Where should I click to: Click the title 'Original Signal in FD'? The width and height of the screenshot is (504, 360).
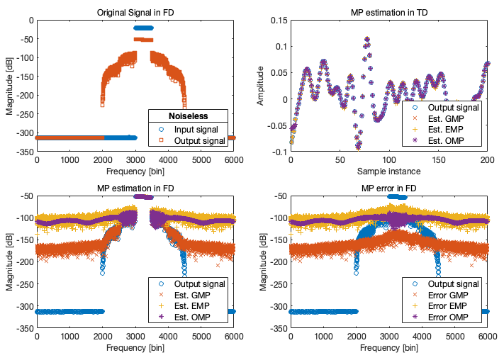tap(135, 13)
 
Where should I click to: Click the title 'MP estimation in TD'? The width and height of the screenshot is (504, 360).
tap(389, 13)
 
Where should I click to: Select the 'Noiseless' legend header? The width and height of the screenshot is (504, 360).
tap(187, 116)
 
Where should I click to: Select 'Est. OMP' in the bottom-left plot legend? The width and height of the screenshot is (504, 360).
tap(199, 317)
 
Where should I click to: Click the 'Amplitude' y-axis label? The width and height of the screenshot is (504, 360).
tap(261, 85)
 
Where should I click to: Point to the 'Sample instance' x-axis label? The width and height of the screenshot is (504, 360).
tap(389, 171)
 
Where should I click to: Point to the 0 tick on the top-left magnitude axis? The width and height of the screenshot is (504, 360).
tap(30, 20)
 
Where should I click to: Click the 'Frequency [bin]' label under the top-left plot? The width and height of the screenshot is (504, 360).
tap(135, 171)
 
